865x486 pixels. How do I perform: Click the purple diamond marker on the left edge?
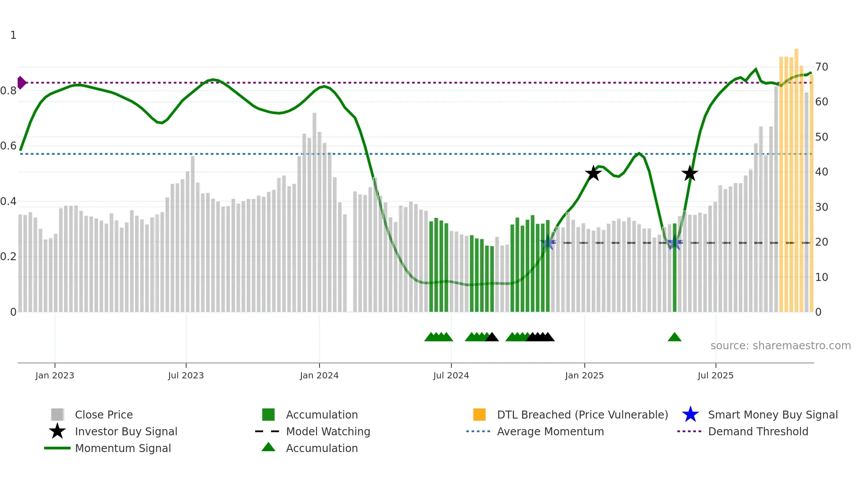click(x=22, y=82)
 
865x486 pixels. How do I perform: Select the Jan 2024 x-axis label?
click(x=319, y=375)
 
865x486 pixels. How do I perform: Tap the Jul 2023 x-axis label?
click(x=186, y=375)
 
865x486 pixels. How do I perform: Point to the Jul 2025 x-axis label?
click(x=715, y=375)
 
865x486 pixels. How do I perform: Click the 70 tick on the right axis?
click(x=821, y=67)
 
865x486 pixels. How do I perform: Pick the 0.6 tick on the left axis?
click(x=8, y=146)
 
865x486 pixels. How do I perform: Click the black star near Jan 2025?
click(x=593, y=173)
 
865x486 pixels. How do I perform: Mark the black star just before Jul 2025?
click(x=689, y=174)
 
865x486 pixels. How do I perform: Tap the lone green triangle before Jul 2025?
click(x=674, y=337)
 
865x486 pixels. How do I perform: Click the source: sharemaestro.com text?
click(x=780, y=346)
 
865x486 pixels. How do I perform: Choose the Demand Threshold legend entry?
click(x=758, y=432)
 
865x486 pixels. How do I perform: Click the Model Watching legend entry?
click(x=327, y=432)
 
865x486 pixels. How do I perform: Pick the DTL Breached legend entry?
click(x=582, y=415)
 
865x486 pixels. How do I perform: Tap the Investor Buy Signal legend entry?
click(x=126, y=432)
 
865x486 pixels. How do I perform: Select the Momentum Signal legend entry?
click(x=123, y=449)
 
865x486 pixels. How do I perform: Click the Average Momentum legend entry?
click(x=550, y=432)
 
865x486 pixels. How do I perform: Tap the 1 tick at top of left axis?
click(x=13, y=35)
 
